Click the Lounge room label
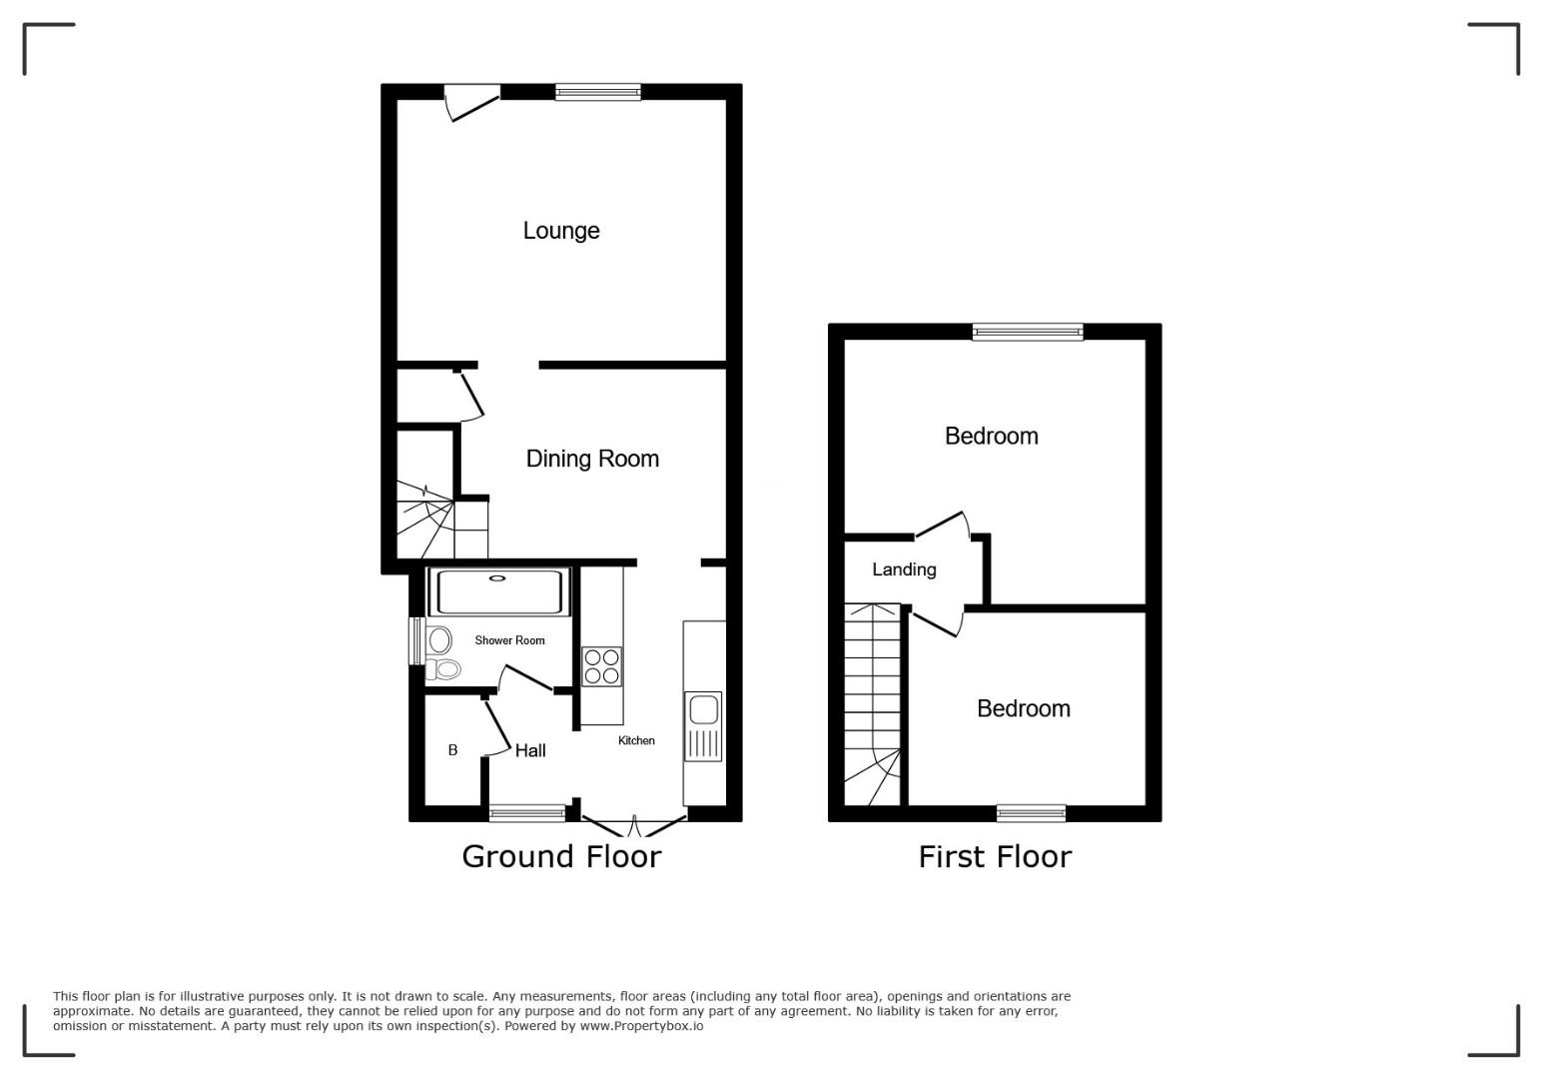coord(561,231)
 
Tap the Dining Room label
coord(592,459)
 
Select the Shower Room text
coord(509,640)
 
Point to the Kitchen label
coord(636,740)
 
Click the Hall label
coord(530,750)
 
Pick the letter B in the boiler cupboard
coord(453,750)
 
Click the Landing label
coord(904,569)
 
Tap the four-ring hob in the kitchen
coord(601,666)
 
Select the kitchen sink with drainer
coord(703,726)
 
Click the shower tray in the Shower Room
coord(499,591)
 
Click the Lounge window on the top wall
coord(598,92)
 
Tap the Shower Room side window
coord(416,641)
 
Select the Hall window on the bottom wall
coord(527,813)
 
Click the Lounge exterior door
coord(472,103)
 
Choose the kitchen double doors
coord(634,825)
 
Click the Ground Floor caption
coord(561,856)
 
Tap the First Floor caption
coord(995,856)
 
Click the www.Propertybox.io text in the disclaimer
coord(641,1026)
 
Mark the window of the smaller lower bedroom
coord(1032,813)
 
